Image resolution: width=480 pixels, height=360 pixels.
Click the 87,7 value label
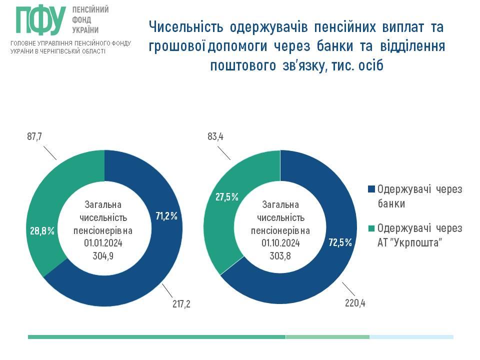[34, 136]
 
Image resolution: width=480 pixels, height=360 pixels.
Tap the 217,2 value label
[181, 303]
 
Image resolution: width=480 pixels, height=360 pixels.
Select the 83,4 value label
[215, 136]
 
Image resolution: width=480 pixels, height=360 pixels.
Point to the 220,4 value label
[355, 303]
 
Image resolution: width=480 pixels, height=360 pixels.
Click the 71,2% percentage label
[166, 216]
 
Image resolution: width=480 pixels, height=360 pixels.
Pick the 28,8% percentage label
[42, 231]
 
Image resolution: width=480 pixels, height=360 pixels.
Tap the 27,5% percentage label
[227, 197]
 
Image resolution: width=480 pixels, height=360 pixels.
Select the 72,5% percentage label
[340, 242]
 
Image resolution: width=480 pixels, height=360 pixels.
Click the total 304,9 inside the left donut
[103, 255]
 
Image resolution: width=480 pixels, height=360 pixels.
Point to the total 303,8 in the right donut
[280, 255]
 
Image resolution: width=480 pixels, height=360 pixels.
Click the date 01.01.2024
[103, 243]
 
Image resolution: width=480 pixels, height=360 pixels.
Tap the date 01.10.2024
[280, 243]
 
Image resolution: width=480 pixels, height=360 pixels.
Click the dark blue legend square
[371, 189]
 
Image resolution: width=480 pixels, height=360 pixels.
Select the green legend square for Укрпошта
[371, 228]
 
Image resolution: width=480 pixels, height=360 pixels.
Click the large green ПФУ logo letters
[40, 19]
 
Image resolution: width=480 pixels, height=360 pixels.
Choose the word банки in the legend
[391, 203]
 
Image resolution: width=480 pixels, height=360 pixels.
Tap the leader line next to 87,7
[50, 153]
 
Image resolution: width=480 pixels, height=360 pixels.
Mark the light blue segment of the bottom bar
[411, 337]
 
